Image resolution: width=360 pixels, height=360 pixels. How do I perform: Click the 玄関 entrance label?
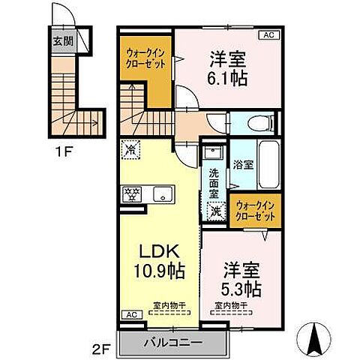pyautogui.click(x=63, y=41)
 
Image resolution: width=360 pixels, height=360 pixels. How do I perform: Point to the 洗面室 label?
pyautogui.click(x=213, y=182)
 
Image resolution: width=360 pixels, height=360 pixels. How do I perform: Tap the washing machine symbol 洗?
pyautogui.click(x=215, y=211)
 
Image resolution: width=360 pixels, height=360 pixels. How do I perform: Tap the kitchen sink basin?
pyautogui.click(x=161, y=195)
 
